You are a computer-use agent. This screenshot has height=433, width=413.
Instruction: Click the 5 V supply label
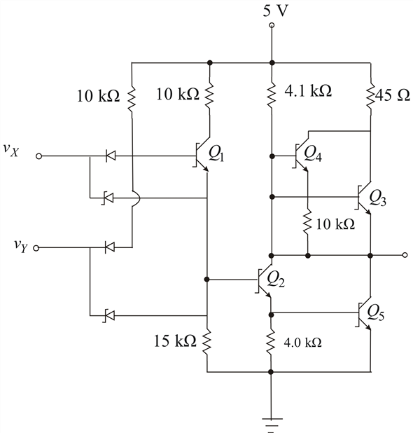[x=271, y=10]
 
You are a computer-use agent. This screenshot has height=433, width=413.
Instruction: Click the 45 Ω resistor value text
[x=389, y=90]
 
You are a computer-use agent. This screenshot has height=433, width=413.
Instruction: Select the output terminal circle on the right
[x=405, y=254]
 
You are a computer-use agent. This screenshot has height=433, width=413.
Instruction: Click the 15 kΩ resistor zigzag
[x=207, y=342]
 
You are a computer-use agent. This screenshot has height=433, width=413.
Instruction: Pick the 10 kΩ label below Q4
[x=335, y=224]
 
